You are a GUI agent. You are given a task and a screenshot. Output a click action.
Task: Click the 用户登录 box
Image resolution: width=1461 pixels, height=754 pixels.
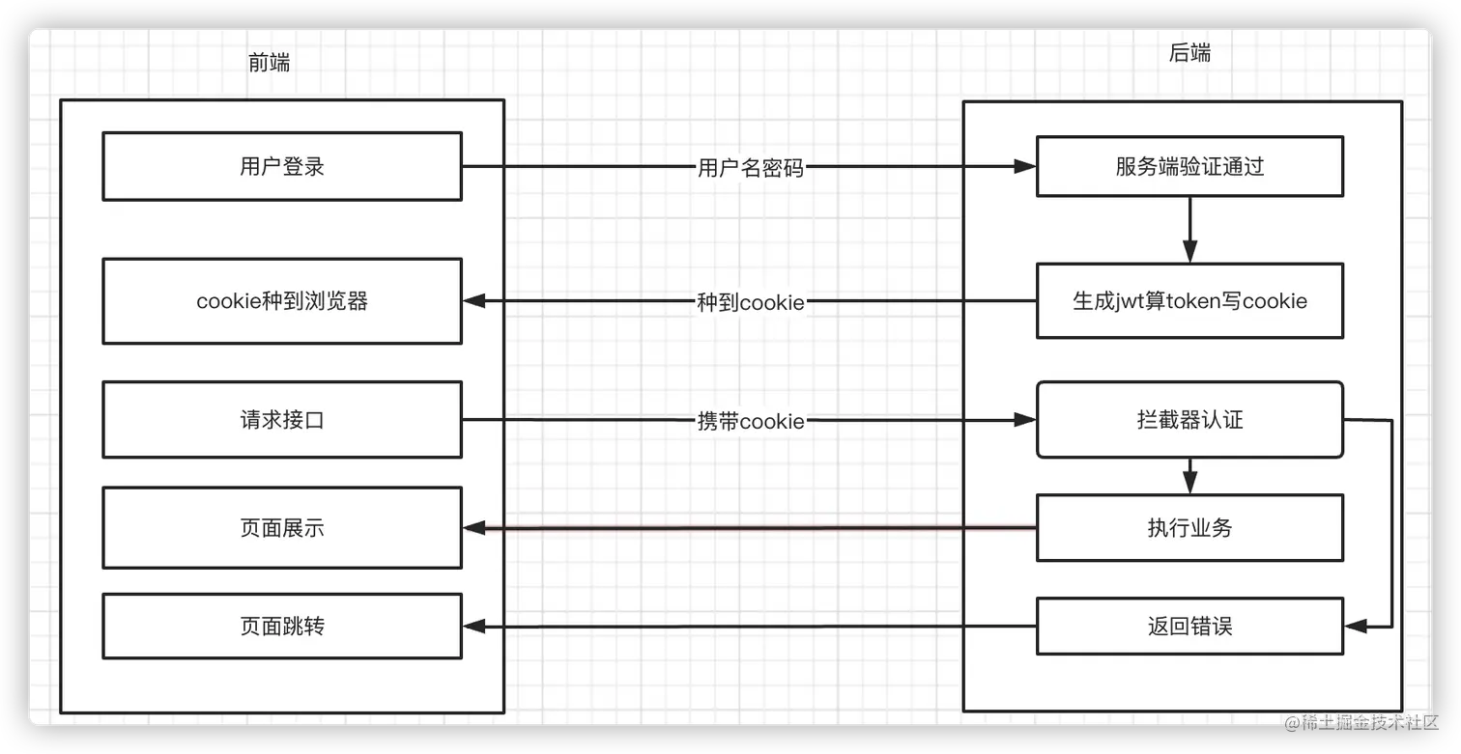point(282,166)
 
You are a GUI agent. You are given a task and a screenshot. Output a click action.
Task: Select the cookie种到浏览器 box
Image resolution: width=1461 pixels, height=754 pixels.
point(282,301)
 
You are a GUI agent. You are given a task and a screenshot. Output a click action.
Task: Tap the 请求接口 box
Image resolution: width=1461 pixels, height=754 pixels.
point(282,420)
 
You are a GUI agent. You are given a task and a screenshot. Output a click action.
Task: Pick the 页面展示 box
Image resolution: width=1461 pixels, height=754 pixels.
point(282,528)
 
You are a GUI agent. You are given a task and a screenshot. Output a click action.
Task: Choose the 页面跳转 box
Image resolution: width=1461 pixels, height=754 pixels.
point(282,627)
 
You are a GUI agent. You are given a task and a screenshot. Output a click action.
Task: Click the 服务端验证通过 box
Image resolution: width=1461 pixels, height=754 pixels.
point(1189,166)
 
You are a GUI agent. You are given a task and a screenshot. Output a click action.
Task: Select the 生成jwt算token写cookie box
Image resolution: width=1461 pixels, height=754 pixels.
point(1189,301)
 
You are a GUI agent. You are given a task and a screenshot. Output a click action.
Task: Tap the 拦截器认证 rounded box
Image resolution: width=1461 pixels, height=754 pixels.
point(1189,420)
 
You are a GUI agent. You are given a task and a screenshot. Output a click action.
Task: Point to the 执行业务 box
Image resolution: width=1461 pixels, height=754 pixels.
point(1189,528)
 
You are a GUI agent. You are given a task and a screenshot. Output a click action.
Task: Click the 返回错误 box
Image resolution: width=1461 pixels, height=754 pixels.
point(1189,627)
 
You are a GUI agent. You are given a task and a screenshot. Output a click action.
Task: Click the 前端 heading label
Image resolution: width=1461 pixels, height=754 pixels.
point(269,63)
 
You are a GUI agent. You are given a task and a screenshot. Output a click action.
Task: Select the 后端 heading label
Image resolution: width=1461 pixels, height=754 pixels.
point(1189,53)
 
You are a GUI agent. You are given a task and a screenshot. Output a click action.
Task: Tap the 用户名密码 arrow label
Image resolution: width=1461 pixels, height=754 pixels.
point(750,168)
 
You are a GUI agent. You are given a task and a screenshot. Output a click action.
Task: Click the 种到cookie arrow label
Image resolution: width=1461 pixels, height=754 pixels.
point(750,302)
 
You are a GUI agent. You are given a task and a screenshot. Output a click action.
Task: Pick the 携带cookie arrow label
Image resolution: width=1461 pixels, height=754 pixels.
point(750,421)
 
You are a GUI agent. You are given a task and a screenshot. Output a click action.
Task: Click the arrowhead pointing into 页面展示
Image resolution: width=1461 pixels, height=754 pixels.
point(473,528)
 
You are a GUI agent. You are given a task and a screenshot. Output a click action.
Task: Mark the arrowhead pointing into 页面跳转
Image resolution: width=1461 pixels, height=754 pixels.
point(473,627)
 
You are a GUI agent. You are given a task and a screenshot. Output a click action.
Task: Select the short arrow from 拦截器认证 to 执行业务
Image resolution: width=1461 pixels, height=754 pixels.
point(1189,476)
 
